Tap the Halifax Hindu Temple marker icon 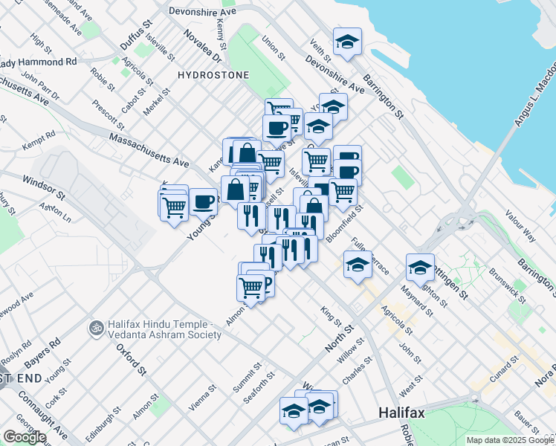(95, 327)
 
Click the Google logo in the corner (25, 437)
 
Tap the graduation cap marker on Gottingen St (420, 266)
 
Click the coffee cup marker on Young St (202, 200)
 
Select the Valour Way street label (520, 224)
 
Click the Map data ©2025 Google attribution (510, 440)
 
